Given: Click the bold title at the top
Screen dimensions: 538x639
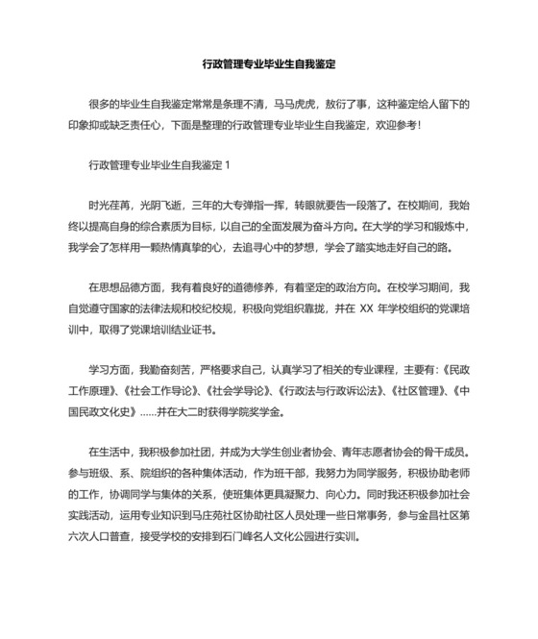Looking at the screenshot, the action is point(268,64).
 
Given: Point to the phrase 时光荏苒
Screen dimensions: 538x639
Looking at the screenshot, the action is point(108,205).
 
